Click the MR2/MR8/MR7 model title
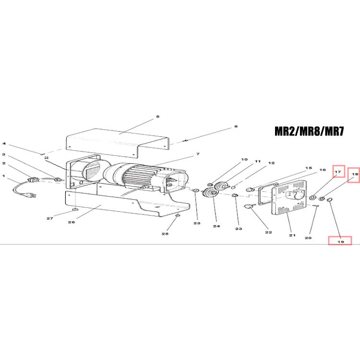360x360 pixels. (x=309, y=132)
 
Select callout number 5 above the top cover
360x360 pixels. (x=157, y=117)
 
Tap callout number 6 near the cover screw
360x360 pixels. (x=236, y=126)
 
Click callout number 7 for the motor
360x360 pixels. (x=198, y=154)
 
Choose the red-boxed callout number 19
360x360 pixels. (x=341, y=241)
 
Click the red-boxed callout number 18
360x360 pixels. (x=355, y=175)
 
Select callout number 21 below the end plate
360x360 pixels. (x=292, y=235)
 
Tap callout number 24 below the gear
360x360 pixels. (x=216, y=226)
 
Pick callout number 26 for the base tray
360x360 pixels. (x=72, y=222)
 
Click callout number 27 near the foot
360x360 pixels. (x=50, y=218)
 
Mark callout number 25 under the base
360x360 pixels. (x=165, y=234)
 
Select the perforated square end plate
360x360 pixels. (x=289, y=197)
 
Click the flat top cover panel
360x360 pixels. (x=118, y=143)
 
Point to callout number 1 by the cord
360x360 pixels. (x=3, y=176)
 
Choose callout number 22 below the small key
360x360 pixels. (x=268, y=232)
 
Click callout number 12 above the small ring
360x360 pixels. (x=271, y=163)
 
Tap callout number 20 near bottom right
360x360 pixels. (x=308, y=238)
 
